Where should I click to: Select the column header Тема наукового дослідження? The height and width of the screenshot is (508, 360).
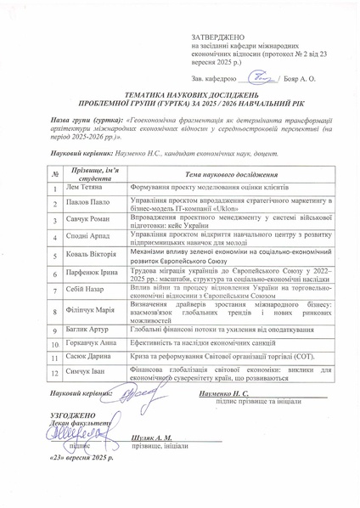click(228, 173)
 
